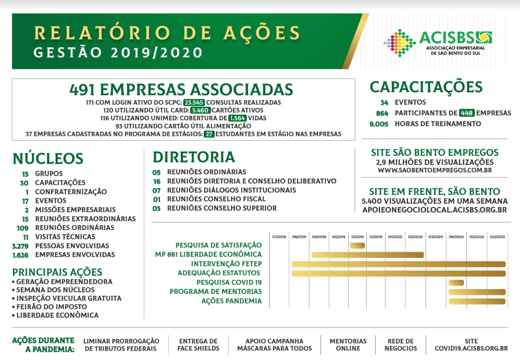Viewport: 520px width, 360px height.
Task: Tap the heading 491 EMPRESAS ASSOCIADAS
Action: coord(181,89)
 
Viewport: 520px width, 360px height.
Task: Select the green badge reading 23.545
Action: coord(194,103)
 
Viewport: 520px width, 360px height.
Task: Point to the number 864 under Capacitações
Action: coord(382,113)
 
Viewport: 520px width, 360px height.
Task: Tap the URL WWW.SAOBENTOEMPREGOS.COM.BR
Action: coord(435,170)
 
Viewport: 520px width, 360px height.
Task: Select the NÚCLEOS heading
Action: coord(48,158)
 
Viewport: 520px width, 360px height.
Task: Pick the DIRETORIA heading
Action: coord(194,157)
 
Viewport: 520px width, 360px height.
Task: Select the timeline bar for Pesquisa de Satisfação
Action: coord(357,245)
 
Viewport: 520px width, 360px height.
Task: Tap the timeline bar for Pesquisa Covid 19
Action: coord(456,283)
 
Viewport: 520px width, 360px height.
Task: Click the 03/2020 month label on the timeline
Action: coord(436,237)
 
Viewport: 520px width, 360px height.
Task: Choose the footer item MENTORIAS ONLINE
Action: coord(348,345)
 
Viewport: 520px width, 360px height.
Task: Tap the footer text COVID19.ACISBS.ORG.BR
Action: coord(471,349)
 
